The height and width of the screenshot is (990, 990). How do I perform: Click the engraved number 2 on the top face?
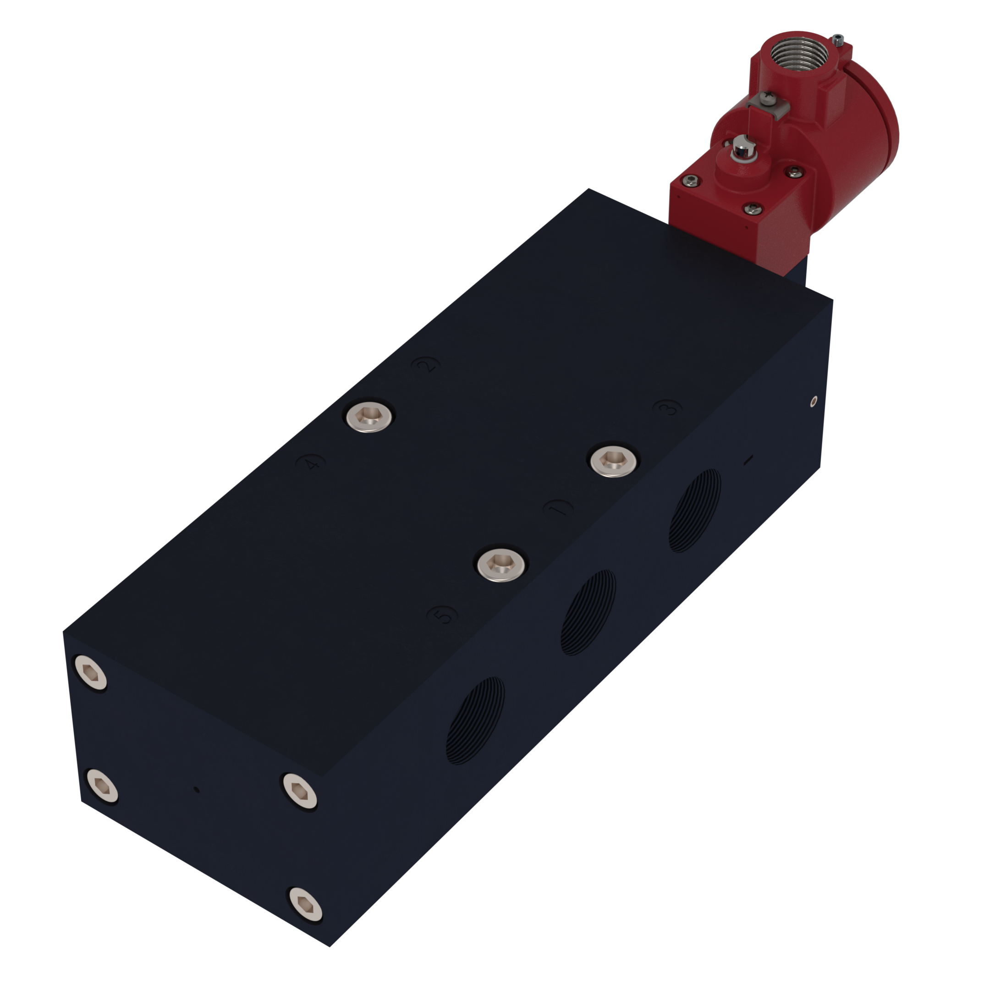[x=426, y=365]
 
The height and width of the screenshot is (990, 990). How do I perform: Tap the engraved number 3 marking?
[x=668, y=408]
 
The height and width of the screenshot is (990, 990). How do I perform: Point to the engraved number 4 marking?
[x=311, y=464]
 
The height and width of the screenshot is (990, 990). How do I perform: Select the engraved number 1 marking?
[x=559, y=508]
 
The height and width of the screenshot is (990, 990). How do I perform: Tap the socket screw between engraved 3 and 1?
[x=613, y=460]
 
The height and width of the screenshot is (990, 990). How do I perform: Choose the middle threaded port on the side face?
[x=588, y=613]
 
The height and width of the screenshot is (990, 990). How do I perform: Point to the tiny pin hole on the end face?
[x=197, y=790]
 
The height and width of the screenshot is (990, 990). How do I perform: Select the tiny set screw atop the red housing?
[x=838, y=39]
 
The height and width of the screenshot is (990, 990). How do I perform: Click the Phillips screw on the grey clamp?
[x=768, y=97]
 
